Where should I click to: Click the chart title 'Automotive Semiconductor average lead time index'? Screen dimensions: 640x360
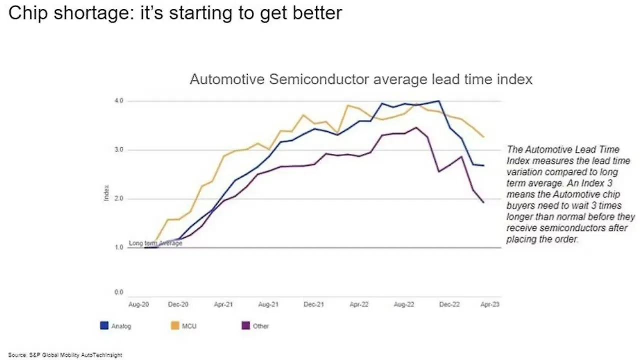[x=361, y=79]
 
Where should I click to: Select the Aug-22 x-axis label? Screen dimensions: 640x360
[x=404, y=303]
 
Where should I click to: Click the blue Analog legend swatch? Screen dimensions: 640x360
[x=104, y=326]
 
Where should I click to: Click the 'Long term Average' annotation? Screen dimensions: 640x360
[x=155, y=243]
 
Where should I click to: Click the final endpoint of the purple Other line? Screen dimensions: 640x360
[x=483, y=202]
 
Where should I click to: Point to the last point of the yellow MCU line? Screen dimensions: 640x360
[x=483, y=136]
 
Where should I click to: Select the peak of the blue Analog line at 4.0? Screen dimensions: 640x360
[x=438, y=101]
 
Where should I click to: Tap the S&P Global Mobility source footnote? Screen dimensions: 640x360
[x=65, y=355]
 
